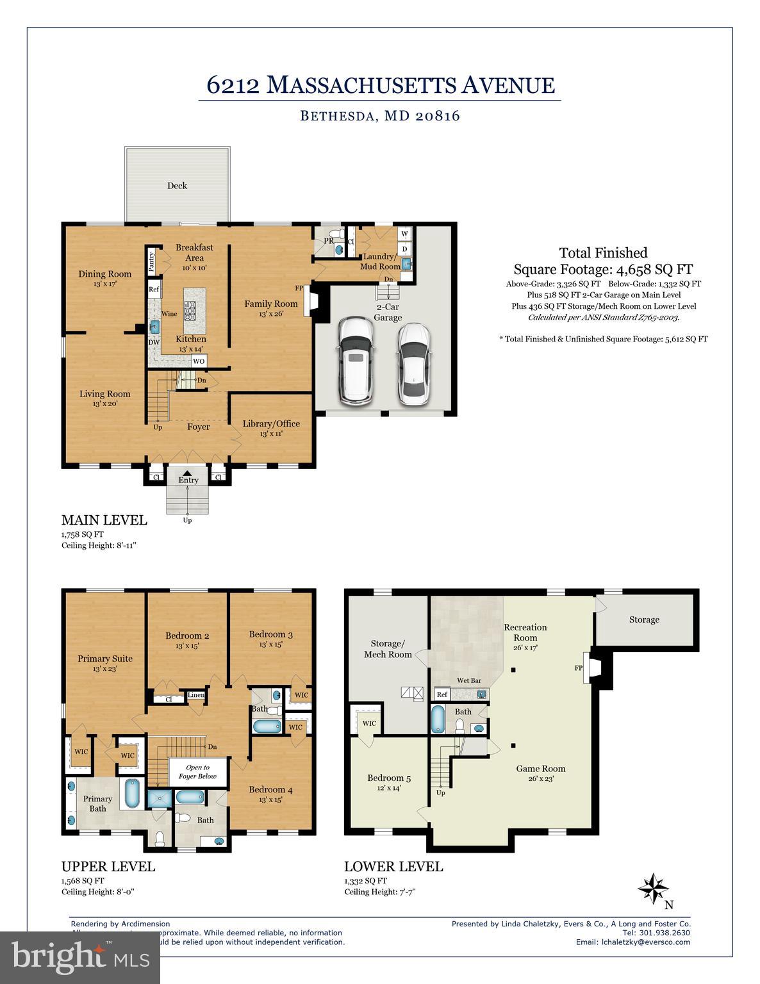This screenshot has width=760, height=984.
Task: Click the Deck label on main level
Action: [x=177, y=186]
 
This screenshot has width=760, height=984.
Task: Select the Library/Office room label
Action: [x=271, y=423]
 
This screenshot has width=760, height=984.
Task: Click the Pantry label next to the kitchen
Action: [x=152, y=261]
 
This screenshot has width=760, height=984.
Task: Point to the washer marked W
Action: [x=405, y=234]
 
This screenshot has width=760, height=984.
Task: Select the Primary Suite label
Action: [x=105, y=659]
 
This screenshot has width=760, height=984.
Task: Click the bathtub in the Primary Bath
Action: [x=132, y=793]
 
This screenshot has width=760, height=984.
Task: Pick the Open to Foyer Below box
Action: [x=198, y=771]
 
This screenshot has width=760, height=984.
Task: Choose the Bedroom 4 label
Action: [x=270, y=789]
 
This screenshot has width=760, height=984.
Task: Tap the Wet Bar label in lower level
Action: [x=469, y=680]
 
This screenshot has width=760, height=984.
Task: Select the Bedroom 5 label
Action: [x=389, y=778]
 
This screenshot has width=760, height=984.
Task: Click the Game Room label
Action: [x=541, y=769]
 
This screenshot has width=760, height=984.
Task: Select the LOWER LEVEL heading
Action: [x=393, y=866]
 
